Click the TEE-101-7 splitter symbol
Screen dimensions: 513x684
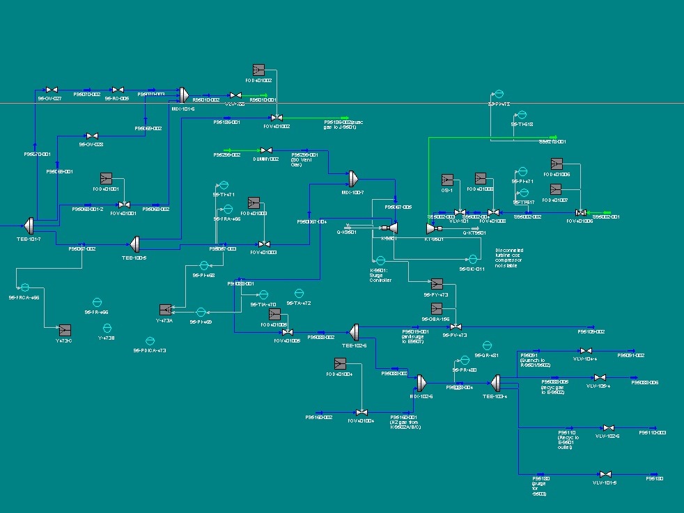point(29,226)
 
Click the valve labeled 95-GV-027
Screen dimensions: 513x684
point(51,90)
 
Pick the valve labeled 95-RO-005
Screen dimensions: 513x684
point(118,90)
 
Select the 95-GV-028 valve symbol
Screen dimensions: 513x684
point(91,136)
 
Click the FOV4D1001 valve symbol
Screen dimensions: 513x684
point(124,205)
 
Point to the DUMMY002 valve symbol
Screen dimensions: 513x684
point(265,150)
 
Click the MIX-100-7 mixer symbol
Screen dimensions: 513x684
point(352,178)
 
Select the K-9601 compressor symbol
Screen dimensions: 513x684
point(391,228)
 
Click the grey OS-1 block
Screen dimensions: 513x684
point(447,179)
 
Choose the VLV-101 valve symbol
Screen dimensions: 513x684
point(460,212)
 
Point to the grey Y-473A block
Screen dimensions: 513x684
point(166,310)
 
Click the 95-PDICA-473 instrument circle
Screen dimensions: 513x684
point(150,341)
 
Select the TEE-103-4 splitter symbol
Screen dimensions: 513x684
point(496,382)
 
